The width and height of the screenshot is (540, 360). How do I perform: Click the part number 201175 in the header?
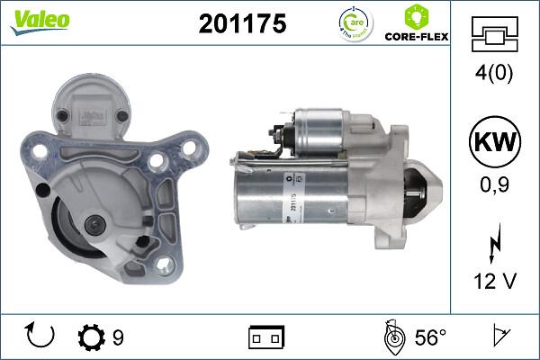tap(241, 25)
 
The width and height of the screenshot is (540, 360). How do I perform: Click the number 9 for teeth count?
tap(118, 338)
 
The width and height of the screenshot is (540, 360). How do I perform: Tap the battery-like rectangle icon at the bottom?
tap(267, 338)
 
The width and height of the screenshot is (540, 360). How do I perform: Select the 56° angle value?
tap(430, 338)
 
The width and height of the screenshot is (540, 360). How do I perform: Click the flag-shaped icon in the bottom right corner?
tap(499, 337)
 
